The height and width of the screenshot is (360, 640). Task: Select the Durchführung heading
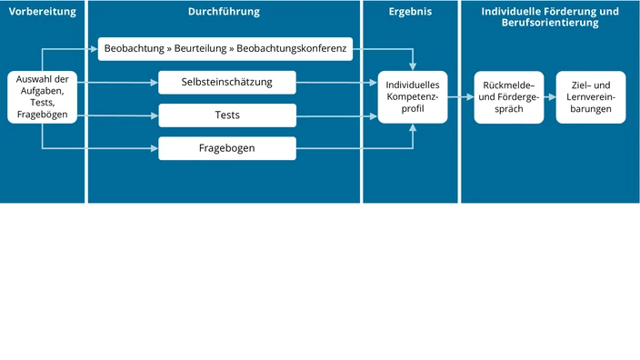tap(224, 12)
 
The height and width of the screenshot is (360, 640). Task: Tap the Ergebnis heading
tap(410, 12)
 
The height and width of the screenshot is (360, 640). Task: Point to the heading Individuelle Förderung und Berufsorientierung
tap(549, 17)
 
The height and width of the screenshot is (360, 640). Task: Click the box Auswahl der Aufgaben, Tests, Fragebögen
tap(42, 97)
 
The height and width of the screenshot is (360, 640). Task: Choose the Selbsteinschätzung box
tap(227, 83)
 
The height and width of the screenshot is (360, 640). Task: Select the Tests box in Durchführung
tap(227, 115)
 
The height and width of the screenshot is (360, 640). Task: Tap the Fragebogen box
tap(227, 148)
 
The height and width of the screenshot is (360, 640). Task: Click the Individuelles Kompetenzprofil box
tap(413, 97)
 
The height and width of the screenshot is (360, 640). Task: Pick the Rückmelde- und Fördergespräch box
tap(509, 97)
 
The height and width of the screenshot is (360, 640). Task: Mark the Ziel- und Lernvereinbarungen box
tap(591, 97)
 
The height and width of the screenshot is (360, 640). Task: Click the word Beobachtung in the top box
tap(135, 49)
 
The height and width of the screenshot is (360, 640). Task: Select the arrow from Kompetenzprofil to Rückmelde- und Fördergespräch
tap(460, 97)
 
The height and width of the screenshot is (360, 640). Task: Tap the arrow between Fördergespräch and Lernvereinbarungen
tap(551, 97)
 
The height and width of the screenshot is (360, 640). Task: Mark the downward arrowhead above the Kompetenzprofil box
tap(413, 66)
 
